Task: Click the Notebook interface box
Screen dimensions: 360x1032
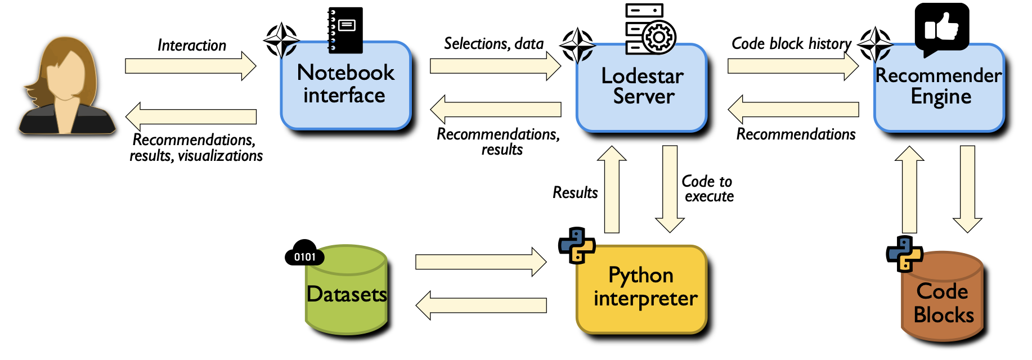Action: (x=346, y=85)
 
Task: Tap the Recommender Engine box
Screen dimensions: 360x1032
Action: (x=939, y=87)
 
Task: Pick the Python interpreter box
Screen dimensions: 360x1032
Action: (x=641, y=288)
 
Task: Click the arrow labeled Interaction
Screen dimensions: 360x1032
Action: (x=190, y=66)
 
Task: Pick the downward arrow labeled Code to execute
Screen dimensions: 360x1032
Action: (x=670, y=189)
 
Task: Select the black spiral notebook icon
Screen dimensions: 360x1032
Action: (x=345, y=29)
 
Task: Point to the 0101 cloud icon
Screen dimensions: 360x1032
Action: (x=304, y=253)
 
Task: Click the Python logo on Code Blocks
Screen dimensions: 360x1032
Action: (x=904, y=254)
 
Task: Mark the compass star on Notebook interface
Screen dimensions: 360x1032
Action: (x=281, y=40)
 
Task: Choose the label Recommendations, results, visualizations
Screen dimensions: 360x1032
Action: (x=195, y=147)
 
